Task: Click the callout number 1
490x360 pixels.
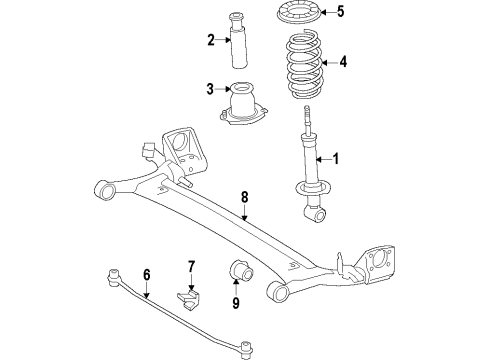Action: [x=336, y=158]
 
